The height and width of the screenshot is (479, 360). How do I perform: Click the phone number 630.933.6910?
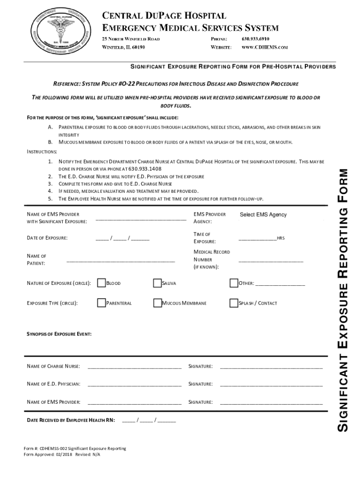click(x=255, y=38)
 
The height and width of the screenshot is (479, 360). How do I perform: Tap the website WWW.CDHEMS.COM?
click(x=264, y=47)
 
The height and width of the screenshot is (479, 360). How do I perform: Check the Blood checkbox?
click(x=101, y=283)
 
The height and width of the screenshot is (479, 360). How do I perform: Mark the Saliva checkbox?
click(x=157, y=283)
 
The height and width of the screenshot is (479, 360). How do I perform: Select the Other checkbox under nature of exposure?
click(x=234, y=283)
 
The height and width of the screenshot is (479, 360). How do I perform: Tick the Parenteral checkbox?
click(x=101, y=303)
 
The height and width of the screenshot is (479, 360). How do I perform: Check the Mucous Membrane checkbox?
click(x=157, y=303)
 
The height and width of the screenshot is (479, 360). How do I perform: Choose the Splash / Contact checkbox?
click(x=234, y=303)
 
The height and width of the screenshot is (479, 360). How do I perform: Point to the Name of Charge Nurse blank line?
click(x=134, y=366)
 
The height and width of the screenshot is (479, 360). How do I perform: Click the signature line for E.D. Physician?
click(x=271, y=385)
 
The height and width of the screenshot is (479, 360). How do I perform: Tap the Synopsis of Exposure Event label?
click(x=59, y=334)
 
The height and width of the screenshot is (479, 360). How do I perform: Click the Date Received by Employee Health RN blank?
click(x=149, y=421)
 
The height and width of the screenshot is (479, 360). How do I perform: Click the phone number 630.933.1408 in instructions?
click(x=144, y=169)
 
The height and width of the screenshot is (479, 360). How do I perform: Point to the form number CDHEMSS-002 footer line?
click(x=75, y=449)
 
